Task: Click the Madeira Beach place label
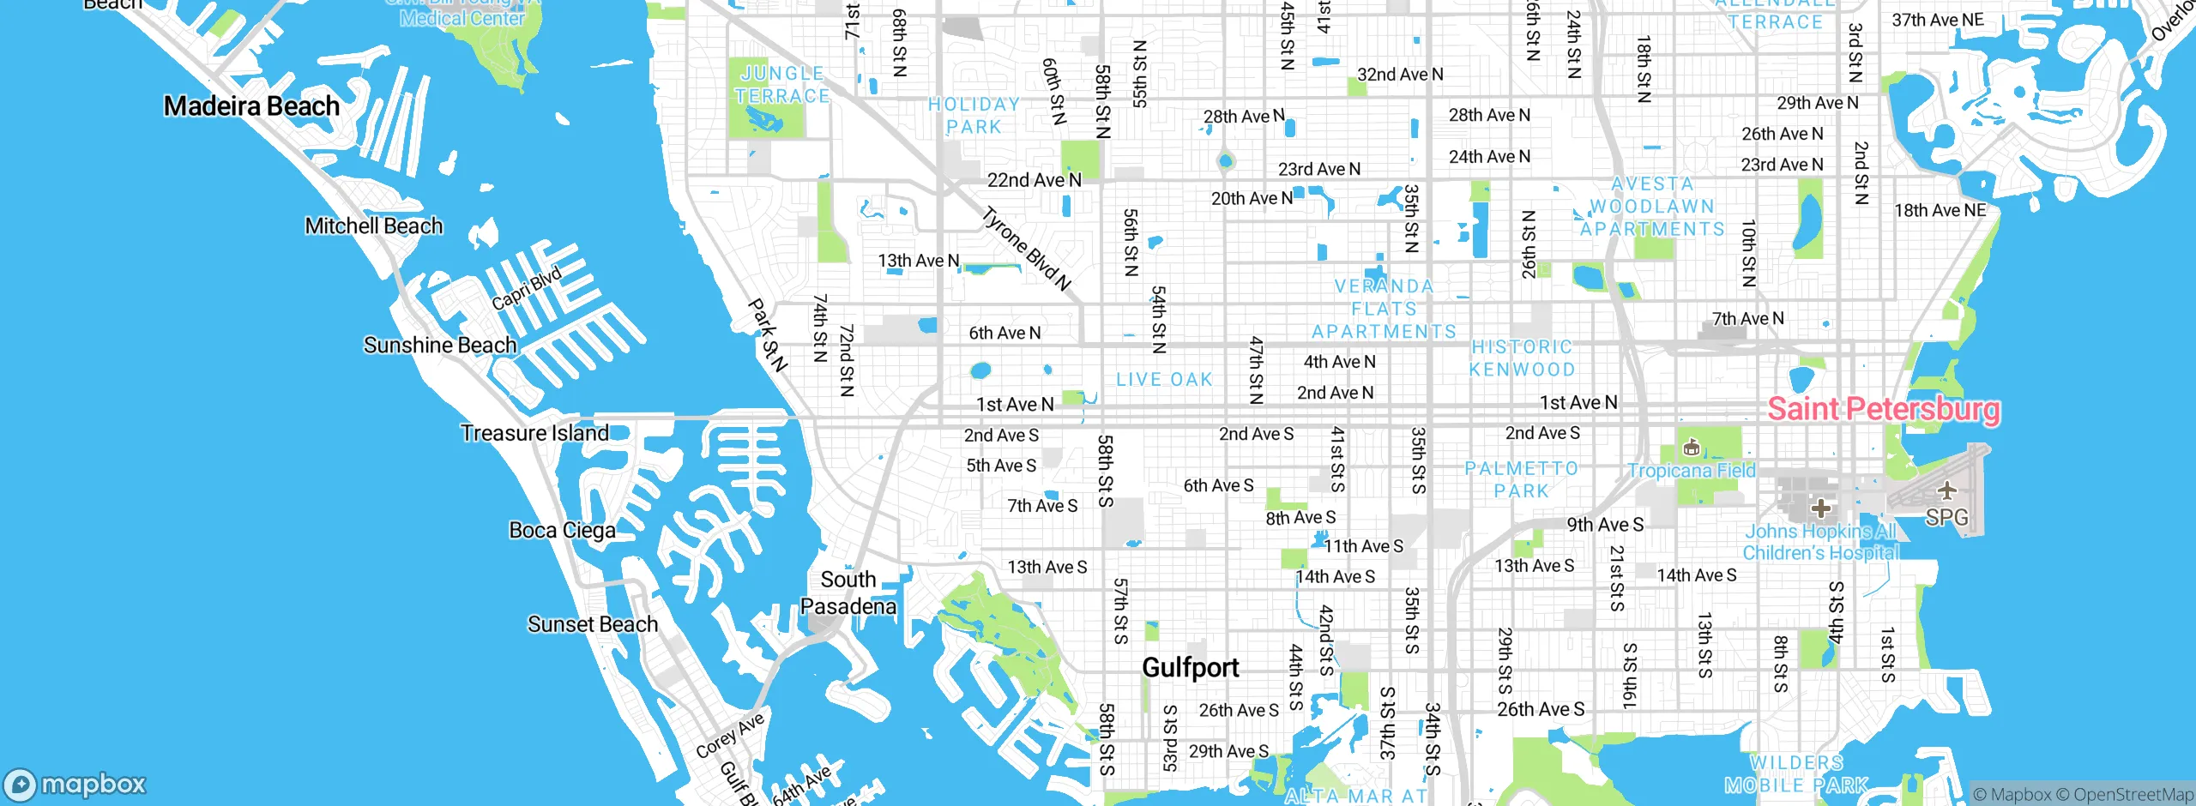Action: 251,106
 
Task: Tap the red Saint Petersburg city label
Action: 1884,409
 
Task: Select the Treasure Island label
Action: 534,433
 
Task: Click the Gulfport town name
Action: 1190,667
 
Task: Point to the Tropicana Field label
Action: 1692,471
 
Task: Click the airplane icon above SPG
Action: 1946,490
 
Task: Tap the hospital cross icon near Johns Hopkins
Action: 1820,508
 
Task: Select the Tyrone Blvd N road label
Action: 1026,249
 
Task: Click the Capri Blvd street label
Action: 526,289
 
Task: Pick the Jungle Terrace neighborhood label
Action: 781,85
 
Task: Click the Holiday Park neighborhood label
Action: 974,116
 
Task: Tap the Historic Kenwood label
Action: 1522,358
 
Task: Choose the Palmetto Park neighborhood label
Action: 1521,480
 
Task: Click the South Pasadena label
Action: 848,592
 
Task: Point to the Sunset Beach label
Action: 592,624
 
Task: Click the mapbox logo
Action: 75,784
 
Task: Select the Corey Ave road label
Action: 729,736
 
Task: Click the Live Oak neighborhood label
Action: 1164,379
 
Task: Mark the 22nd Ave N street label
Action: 1034,180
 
